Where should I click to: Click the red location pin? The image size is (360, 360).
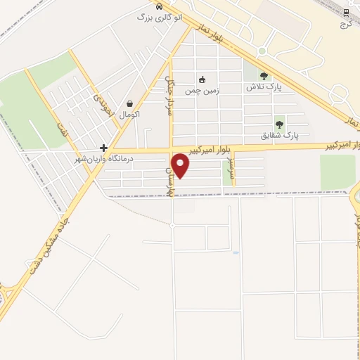(x=181, y=165)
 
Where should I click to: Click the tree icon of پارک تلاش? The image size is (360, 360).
(x=264, y=76)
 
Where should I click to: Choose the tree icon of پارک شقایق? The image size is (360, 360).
(x=279, y=124)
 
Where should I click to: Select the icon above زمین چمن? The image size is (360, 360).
(x=202, y=79)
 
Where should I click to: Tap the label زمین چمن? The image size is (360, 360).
(x=202, y=91)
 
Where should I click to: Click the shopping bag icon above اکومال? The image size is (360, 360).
(x=129, y=103)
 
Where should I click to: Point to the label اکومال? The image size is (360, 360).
(x=129, y=114)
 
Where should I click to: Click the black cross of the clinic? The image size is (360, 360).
(x=104, y=148)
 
